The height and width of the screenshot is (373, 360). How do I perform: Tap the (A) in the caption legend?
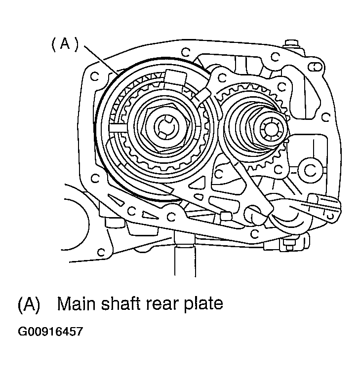pos(29,304)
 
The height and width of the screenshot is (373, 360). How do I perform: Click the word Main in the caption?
pos(78,303)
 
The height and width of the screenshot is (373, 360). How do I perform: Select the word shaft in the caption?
pos(121,303)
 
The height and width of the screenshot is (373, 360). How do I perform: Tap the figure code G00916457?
pos(50,332)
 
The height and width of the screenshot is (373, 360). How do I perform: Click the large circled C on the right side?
pos(310,170)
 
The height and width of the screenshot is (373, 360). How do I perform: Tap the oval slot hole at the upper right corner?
pos(316,67)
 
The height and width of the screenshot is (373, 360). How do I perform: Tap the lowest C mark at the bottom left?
pos(101,252)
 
